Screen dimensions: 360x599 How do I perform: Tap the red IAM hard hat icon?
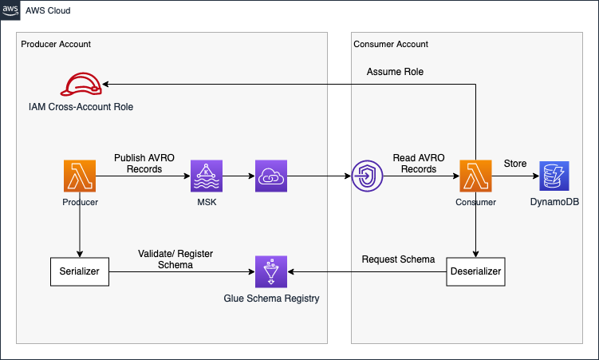[82, 84]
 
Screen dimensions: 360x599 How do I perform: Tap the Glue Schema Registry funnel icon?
[270, 272]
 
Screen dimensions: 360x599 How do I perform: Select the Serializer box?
[80, 272]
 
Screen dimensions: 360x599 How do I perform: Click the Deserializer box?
[475, 272]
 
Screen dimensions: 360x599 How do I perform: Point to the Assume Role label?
[395, 72]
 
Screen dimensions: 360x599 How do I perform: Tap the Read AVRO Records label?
[414, 164]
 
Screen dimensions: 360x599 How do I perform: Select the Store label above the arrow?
[514, 164]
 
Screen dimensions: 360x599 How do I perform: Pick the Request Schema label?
[398, 259]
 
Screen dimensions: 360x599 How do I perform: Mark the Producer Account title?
[56, 44]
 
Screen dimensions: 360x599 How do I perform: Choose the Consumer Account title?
[391, 44]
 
